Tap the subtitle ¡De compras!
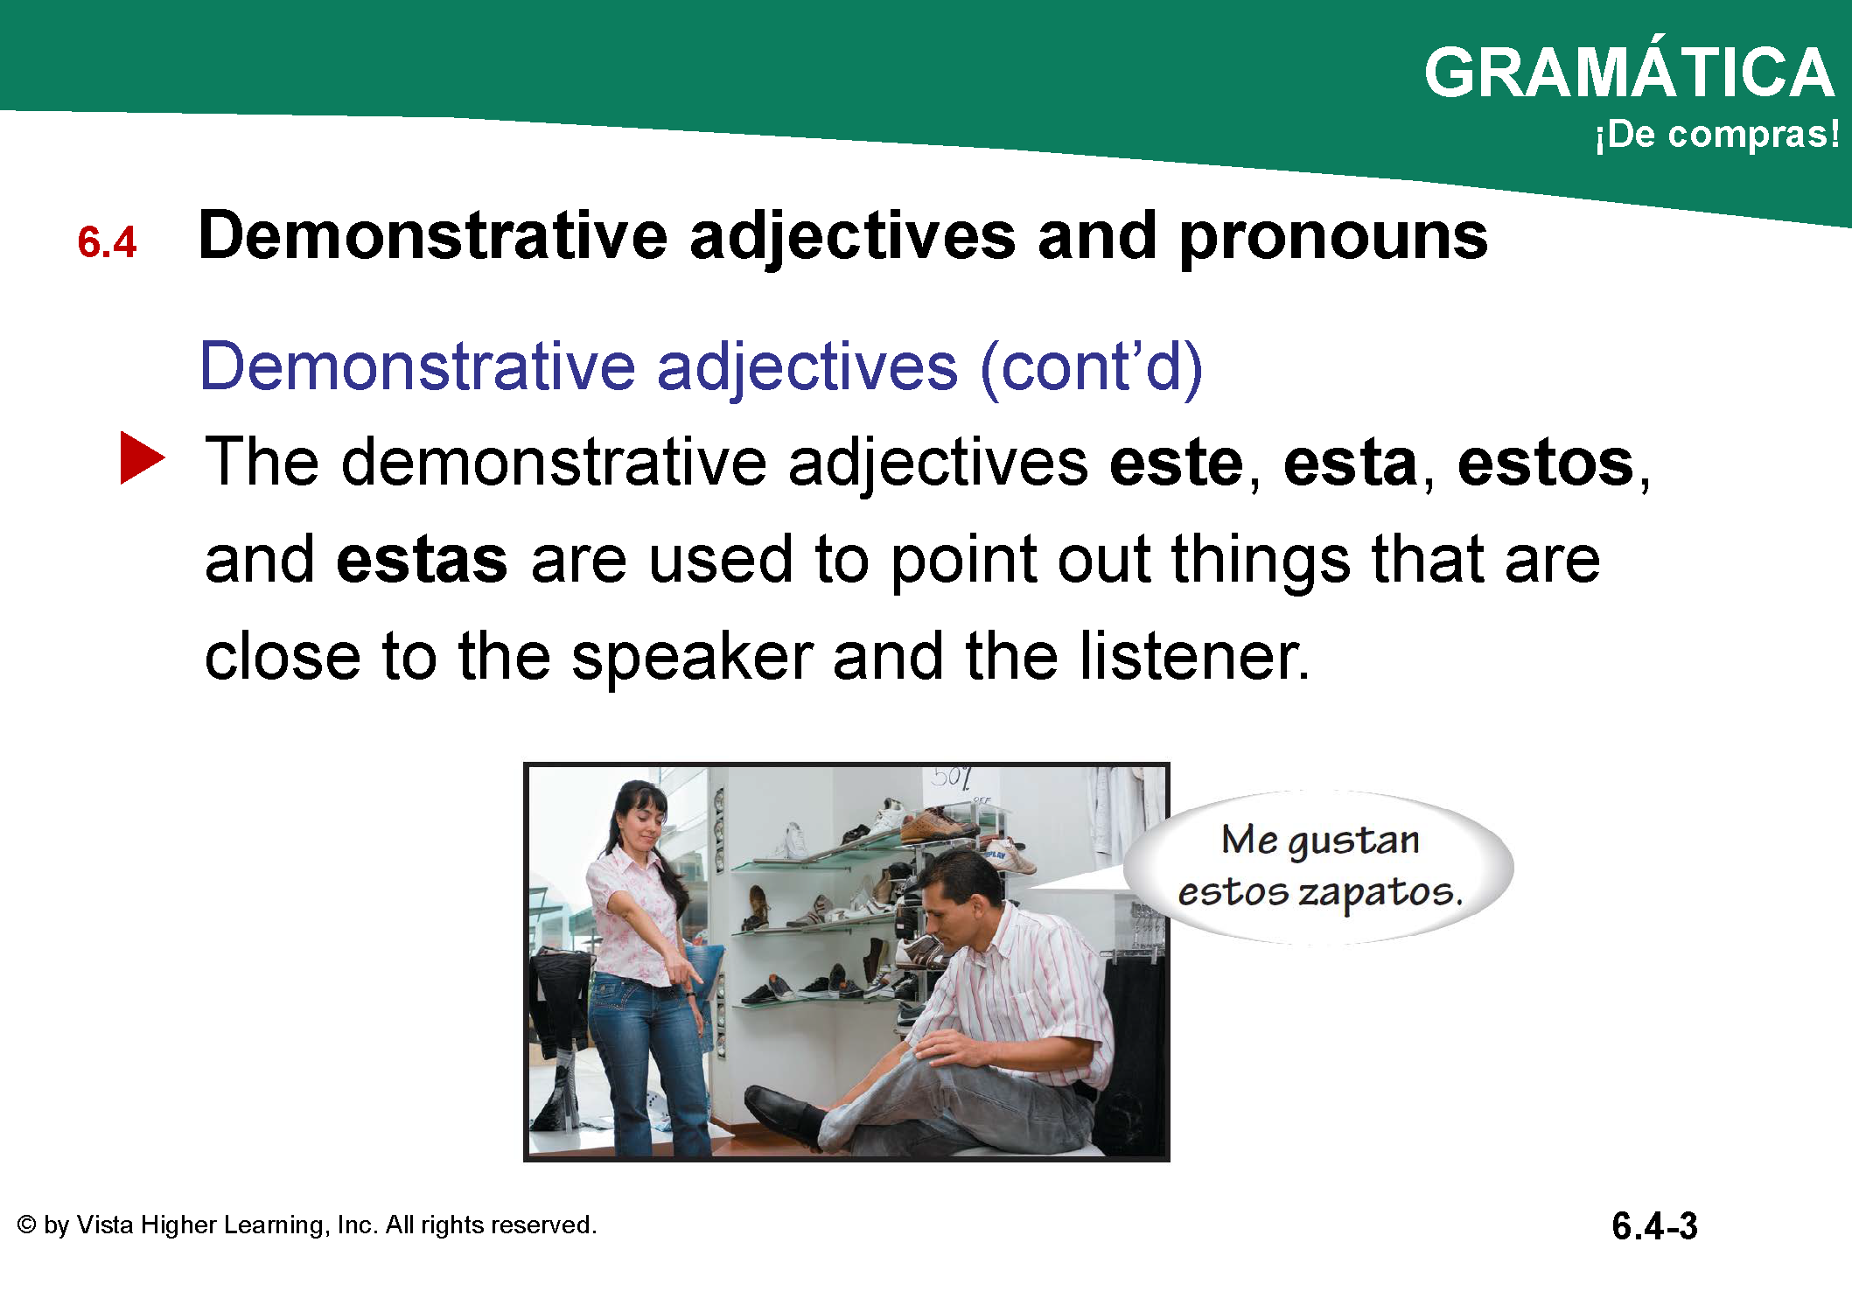[1717, 134]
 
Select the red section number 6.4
[107, 242]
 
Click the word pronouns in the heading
[1332, 238]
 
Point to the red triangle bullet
[141, 457]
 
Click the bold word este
[1176, 463]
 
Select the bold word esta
[1350, 463]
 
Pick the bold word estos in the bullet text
[1545, 463]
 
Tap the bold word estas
[422, 560]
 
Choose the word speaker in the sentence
[692, 656]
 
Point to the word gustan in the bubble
[1354, 841]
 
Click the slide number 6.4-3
[1654, 1225]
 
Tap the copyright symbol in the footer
[26, 1225]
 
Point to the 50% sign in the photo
[952, 778]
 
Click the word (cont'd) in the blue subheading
[1091, 366]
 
